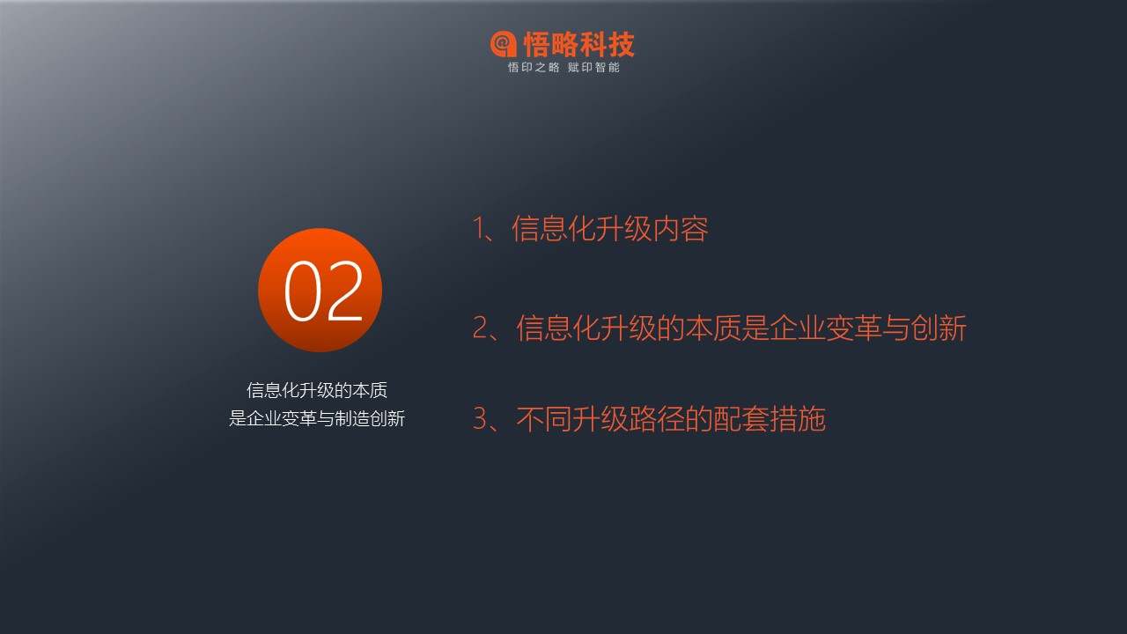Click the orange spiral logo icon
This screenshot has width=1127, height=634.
503,44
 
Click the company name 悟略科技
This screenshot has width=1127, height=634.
579,44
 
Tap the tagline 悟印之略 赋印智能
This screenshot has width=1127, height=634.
563,68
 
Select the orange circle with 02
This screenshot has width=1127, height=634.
320,290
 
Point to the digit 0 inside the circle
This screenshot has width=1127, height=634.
303,291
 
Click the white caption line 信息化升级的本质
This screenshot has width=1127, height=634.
317,390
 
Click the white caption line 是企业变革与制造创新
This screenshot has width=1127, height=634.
317,418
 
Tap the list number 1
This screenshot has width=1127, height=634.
479,228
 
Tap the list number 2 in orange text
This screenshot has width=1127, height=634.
481,328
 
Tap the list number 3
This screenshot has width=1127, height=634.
481,418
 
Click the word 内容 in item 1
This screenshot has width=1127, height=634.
681,229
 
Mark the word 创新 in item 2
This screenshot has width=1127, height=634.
939,328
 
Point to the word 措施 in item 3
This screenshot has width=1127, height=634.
798,418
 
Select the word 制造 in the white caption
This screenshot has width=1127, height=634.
352,418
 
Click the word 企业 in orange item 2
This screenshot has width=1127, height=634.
798,328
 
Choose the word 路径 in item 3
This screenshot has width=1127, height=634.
657,418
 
